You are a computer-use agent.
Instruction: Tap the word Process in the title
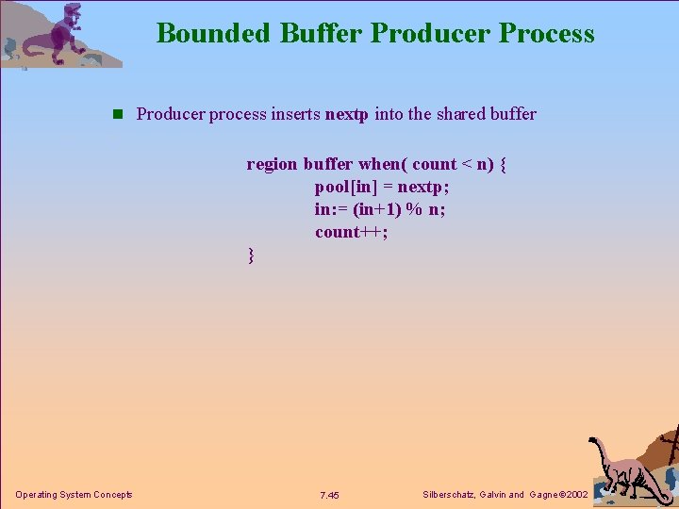click(547, 33)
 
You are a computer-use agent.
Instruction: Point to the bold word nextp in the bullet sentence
click(346, 115)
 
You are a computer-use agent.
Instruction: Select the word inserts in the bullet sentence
click(296, 115)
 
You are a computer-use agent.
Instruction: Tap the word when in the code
click(379, 164)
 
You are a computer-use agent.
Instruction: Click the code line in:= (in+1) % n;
click(380, 209)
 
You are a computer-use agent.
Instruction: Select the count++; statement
click(352, 232)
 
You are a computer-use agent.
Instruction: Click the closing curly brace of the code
click(250, 254)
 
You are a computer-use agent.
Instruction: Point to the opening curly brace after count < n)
click(504, 164)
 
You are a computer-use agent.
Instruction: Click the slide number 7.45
click(329, 495)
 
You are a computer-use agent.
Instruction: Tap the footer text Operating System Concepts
click(74, 495)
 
